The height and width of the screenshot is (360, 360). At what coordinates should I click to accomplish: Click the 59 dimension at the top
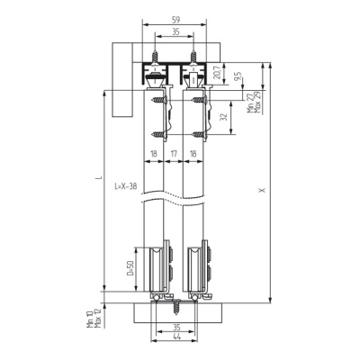coord(176,20)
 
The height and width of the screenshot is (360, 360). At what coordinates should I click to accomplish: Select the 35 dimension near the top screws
coord(176,31)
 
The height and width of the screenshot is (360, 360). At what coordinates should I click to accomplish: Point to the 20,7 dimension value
coord(218,72)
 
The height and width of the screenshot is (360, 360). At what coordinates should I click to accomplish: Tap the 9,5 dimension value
coord(238,76)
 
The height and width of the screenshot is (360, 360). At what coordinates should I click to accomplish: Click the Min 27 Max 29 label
coord(254,102)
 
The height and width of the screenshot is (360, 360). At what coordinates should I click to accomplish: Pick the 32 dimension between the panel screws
coord(222,117)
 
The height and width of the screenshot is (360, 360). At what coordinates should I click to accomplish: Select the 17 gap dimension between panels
coord(174,154)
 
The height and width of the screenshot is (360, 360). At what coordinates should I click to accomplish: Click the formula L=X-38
coord(126,186)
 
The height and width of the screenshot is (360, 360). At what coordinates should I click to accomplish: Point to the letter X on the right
coord(263,190)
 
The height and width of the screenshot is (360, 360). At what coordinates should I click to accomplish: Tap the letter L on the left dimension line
coord(98,178)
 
